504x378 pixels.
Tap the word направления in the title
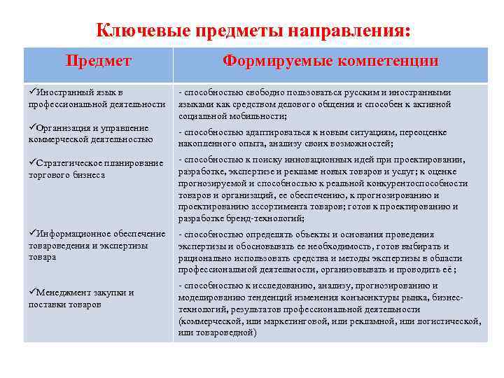tap(337, 31)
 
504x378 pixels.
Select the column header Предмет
tap(98, 61)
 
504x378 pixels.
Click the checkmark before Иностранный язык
tap(32, 92)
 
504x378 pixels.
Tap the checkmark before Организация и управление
tap(32, 128)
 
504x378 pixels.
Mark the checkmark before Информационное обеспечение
tap(32, 234)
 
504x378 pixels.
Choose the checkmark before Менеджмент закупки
tap(32, 293)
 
